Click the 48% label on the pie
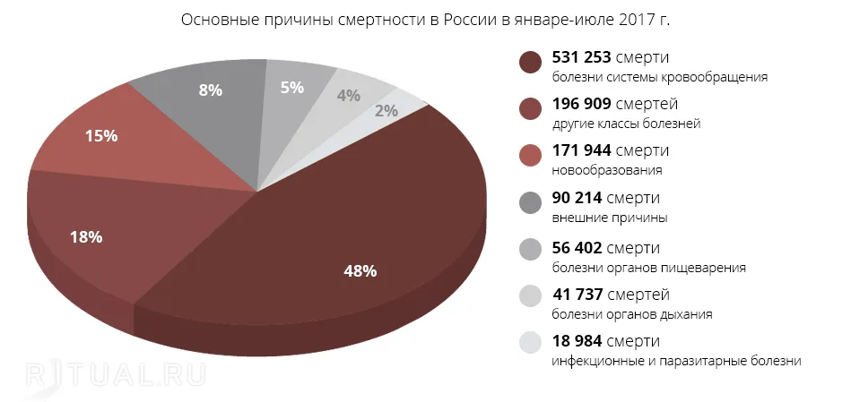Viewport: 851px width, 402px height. (360, 271)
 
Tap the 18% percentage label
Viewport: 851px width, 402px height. (87, 237)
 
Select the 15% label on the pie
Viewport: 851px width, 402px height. (101, 136)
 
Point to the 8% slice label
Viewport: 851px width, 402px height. (210, 90)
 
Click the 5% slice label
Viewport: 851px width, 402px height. (292, 88)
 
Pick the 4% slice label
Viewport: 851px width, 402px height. (349, 96)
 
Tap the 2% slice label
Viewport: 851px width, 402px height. (386, 111)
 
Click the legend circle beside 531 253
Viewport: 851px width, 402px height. (531, 63)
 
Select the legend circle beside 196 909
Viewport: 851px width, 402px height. (531, 109)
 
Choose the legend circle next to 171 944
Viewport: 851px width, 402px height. (531, 157)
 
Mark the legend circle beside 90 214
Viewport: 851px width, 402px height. (531, 204)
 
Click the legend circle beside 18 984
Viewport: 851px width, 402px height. (531, 342)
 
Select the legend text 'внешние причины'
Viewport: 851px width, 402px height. (609, 218)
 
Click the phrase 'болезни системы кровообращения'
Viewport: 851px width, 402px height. (660, 76)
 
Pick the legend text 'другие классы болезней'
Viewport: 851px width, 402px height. (626, 124)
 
